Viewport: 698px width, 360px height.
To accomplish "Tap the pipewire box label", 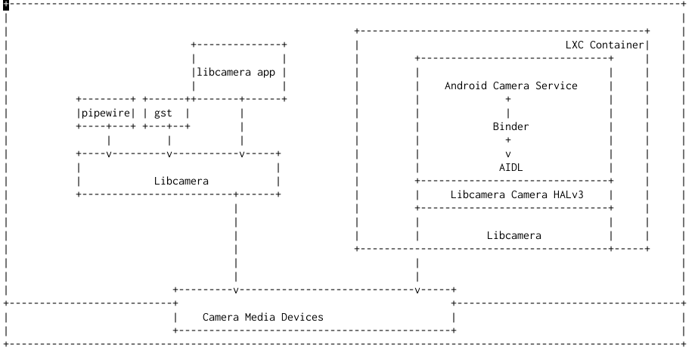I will [106, 113].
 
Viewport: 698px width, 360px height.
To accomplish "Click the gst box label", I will [163, 113].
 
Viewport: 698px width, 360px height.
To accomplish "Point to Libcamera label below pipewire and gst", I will [181, 181].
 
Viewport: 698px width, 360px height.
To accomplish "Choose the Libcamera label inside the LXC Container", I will [513, 235].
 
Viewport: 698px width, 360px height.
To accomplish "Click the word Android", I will [465, 85].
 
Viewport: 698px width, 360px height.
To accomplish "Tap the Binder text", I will [510, 126].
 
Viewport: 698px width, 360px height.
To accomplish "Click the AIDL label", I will [510, 167].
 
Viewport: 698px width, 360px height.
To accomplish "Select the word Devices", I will [302, 317].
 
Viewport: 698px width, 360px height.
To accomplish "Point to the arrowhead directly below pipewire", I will [109, 154].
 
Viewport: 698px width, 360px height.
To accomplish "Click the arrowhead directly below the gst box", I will [169, 154].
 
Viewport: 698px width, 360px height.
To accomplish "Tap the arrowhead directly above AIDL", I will [508, 154].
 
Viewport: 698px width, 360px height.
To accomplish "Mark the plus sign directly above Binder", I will [508, 99].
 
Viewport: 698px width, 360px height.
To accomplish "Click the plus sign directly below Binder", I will [508, 140].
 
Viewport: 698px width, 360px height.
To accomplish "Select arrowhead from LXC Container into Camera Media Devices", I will [417, 290].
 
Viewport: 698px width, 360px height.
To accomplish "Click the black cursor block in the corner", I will [6, 5].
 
